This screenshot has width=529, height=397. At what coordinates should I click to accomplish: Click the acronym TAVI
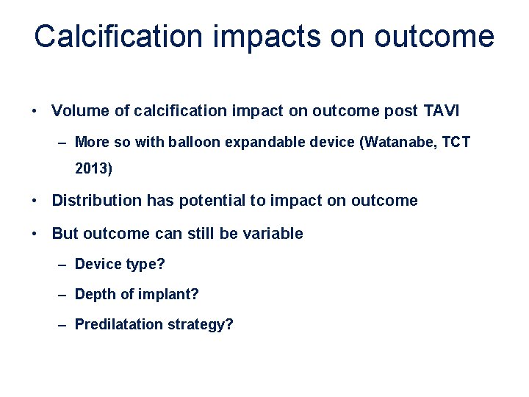[x=441, y=111]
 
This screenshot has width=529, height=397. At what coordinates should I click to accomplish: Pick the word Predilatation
[x=119, y=324]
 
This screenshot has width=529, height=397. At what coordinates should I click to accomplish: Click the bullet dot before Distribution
[x=35, y=201]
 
